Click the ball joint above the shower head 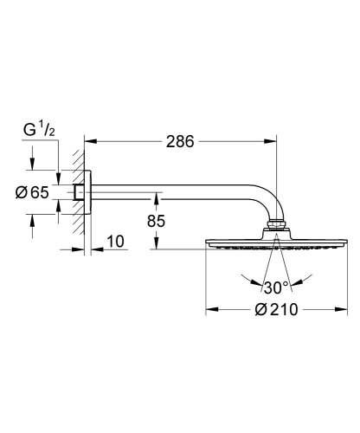(x=274, y=228)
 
